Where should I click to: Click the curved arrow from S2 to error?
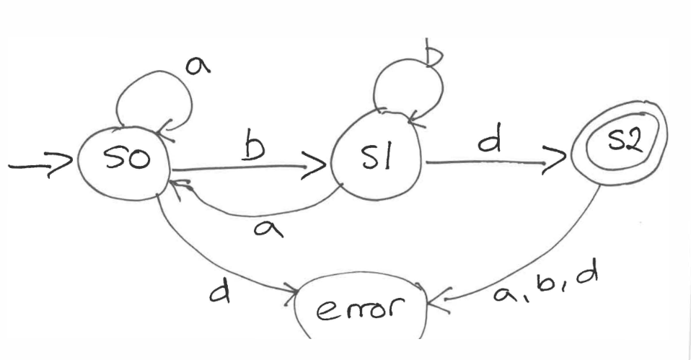548,253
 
